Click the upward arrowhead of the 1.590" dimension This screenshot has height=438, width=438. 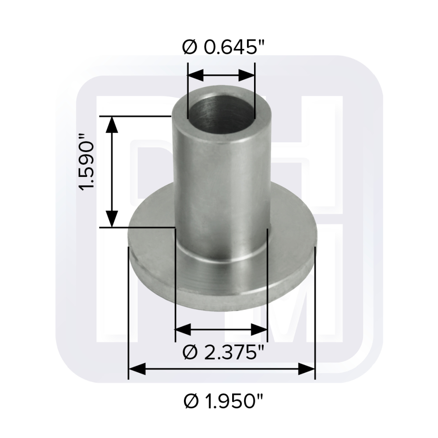coord(112,125)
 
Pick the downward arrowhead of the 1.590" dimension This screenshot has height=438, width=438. coord(112,219)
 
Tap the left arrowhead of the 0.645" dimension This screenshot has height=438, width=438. coord(195,75)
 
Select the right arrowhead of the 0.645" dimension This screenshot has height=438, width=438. coord(247,75)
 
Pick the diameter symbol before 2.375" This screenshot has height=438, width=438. coord(189,351)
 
